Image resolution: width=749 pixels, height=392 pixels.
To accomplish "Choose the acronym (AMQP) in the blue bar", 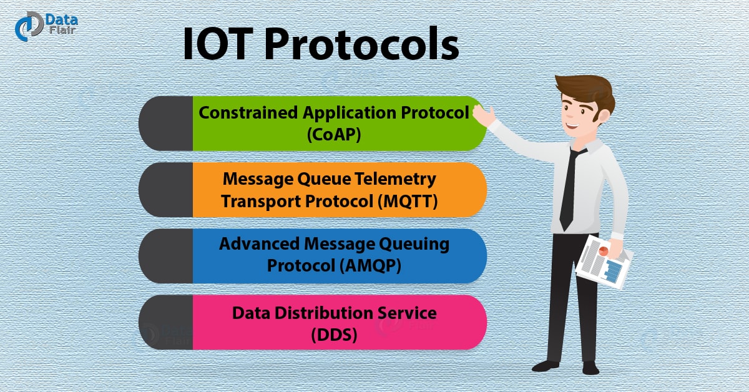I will [x=369, y=265].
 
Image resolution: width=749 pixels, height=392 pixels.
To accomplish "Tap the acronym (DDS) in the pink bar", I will [x=334, y=334].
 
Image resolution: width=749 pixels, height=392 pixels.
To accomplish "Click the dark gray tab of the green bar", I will [x=166, y=124].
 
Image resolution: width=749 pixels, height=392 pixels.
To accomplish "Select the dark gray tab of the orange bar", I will [x=166, y=190].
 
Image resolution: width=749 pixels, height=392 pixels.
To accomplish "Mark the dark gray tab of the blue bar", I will [x=166, y=256].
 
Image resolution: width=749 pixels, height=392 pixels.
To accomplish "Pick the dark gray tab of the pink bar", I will [x=166, y=322].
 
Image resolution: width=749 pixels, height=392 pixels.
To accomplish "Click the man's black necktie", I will [x=568, y=187].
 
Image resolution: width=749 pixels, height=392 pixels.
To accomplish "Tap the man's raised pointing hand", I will [x=484, y=113].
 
